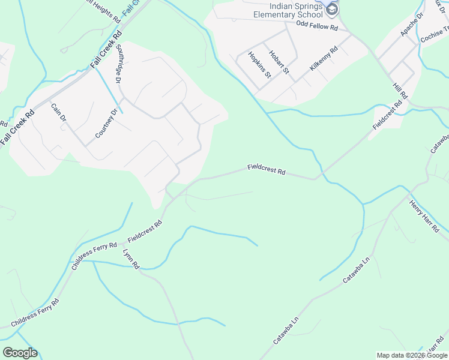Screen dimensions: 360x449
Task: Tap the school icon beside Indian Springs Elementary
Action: click(332, 10)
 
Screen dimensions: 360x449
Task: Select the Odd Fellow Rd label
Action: click(318, 26)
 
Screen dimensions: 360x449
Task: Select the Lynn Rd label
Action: click(131, 257)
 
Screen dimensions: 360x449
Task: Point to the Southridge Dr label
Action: click(119, 64)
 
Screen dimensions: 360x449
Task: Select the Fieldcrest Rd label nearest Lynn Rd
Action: click(145, 231)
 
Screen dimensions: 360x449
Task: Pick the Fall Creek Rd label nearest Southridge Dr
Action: click(106, 49)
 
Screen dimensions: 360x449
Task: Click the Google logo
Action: click(20, 353)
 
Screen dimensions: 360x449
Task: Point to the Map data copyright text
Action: click(412, 355)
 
